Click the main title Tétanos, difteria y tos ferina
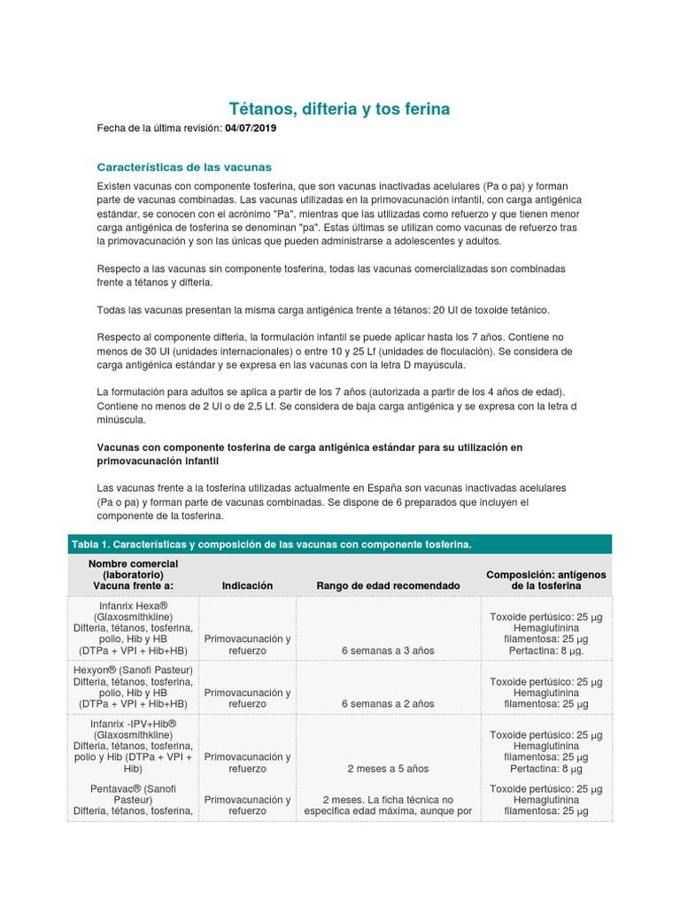point(340,109)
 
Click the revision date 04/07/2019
point(252,129)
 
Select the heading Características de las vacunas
point(183,167)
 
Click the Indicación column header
point(247,585)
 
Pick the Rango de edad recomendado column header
point(388,585)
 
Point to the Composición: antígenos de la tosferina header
point(545,580)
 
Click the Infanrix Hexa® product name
point(133,604)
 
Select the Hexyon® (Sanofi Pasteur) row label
point(133,669)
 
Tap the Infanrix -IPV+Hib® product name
point(133,724)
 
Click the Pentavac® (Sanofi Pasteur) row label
point(133,793)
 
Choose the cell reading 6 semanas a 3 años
point(388,650)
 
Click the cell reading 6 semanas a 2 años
point(388,703)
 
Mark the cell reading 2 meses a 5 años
point(388,768)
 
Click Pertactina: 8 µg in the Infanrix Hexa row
point(545,650)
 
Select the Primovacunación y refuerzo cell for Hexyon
point(247,698)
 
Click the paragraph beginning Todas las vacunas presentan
point(322,309)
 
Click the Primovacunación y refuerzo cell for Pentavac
point(247,804)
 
